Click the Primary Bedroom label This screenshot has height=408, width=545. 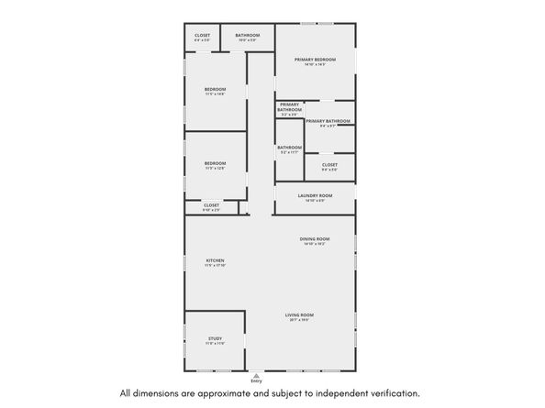tap(315, 60)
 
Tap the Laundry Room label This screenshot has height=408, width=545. tap(315, 195)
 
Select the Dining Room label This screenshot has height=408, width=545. tap(314, 240)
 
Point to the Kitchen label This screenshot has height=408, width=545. tap(215, 261)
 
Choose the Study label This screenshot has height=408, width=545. tap(215, 338)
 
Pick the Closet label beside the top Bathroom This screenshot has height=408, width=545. tap(202, 36)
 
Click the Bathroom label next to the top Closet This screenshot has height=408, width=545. tap(247, 36)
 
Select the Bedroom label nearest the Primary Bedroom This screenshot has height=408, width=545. tap(215, 88)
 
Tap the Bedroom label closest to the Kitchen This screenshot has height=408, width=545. tap(215, 163)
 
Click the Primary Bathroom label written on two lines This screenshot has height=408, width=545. tap(290, 107)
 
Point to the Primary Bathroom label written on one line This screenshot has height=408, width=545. tap(328, 121)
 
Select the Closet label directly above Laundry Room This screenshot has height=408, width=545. tap(329, 165)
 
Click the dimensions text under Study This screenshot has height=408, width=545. tap(215, 344)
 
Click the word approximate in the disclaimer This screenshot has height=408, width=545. tap(229, 393)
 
